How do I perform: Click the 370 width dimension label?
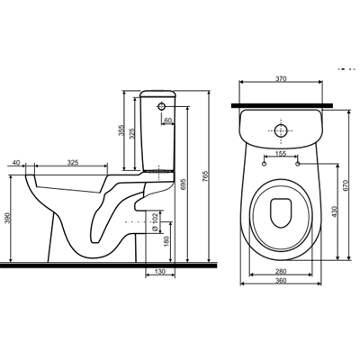281,78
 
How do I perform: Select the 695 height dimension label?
184,184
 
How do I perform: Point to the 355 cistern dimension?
121,130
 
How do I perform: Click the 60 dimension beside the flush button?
168,120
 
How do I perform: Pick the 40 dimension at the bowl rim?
16,163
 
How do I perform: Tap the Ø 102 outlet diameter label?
155,222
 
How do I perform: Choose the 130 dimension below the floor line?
160,272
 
